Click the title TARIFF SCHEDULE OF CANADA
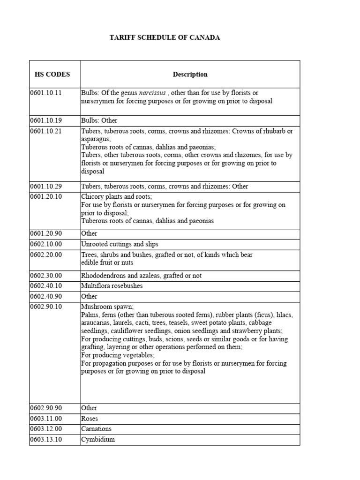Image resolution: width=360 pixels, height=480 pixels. point(165,37)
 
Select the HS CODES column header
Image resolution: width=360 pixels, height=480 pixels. point(52,74)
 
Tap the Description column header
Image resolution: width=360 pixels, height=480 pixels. point(190,74)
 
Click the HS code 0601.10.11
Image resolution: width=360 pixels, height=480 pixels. point(46,93)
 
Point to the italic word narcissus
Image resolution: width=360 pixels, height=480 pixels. point(152,93)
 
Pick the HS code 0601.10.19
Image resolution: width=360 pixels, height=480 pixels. point(46,120)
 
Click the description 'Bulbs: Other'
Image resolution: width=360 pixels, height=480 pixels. point(99,120)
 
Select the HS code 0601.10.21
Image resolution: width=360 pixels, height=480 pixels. point(46,131)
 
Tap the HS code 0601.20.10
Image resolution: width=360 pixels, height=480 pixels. point(46,196)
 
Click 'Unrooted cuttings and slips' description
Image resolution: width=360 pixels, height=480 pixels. point(120,244)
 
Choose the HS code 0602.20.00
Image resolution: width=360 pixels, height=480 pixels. point(46,255)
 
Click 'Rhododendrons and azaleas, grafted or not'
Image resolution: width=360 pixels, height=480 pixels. point(142,276)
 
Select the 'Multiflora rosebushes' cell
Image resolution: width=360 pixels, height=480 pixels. point(112,286)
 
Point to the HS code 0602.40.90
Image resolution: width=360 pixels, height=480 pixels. point(46,296)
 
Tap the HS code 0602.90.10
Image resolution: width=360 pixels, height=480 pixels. point(46,307)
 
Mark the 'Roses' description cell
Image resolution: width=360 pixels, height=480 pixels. point(90,419)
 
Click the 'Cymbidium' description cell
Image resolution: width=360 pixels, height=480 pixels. point(98,440)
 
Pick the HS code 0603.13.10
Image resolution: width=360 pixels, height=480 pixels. point(46,440)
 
